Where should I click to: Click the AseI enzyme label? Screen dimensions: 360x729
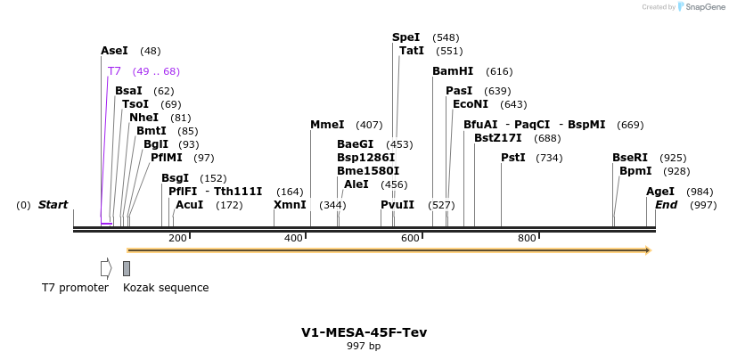point(115,51)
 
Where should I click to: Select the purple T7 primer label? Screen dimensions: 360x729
point(114,71)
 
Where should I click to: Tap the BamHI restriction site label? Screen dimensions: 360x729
point(453,71)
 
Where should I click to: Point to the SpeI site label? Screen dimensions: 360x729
point(405,37)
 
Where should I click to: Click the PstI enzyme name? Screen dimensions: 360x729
point(512,158)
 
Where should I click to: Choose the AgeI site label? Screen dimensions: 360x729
point(660,192)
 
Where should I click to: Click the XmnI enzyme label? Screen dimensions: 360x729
point(290,205)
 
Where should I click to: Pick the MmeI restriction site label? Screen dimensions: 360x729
point(327,125)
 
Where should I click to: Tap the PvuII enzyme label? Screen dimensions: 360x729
point(397,205)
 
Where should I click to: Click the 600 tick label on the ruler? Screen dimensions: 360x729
point(410,238)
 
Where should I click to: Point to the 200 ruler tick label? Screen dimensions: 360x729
point(177,238)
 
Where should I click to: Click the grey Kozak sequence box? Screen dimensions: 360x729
point(127,268)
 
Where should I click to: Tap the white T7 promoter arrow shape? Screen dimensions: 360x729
point(106,268)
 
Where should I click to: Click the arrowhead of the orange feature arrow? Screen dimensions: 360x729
point(648,250)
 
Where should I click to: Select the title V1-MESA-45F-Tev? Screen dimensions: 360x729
point(364,332)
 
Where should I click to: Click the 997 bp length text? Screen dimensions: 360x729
point(364,346)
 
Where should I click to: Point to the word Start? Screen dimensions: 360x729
point(53,205)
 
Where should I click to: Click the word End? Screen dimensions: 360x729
point(666,205)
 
